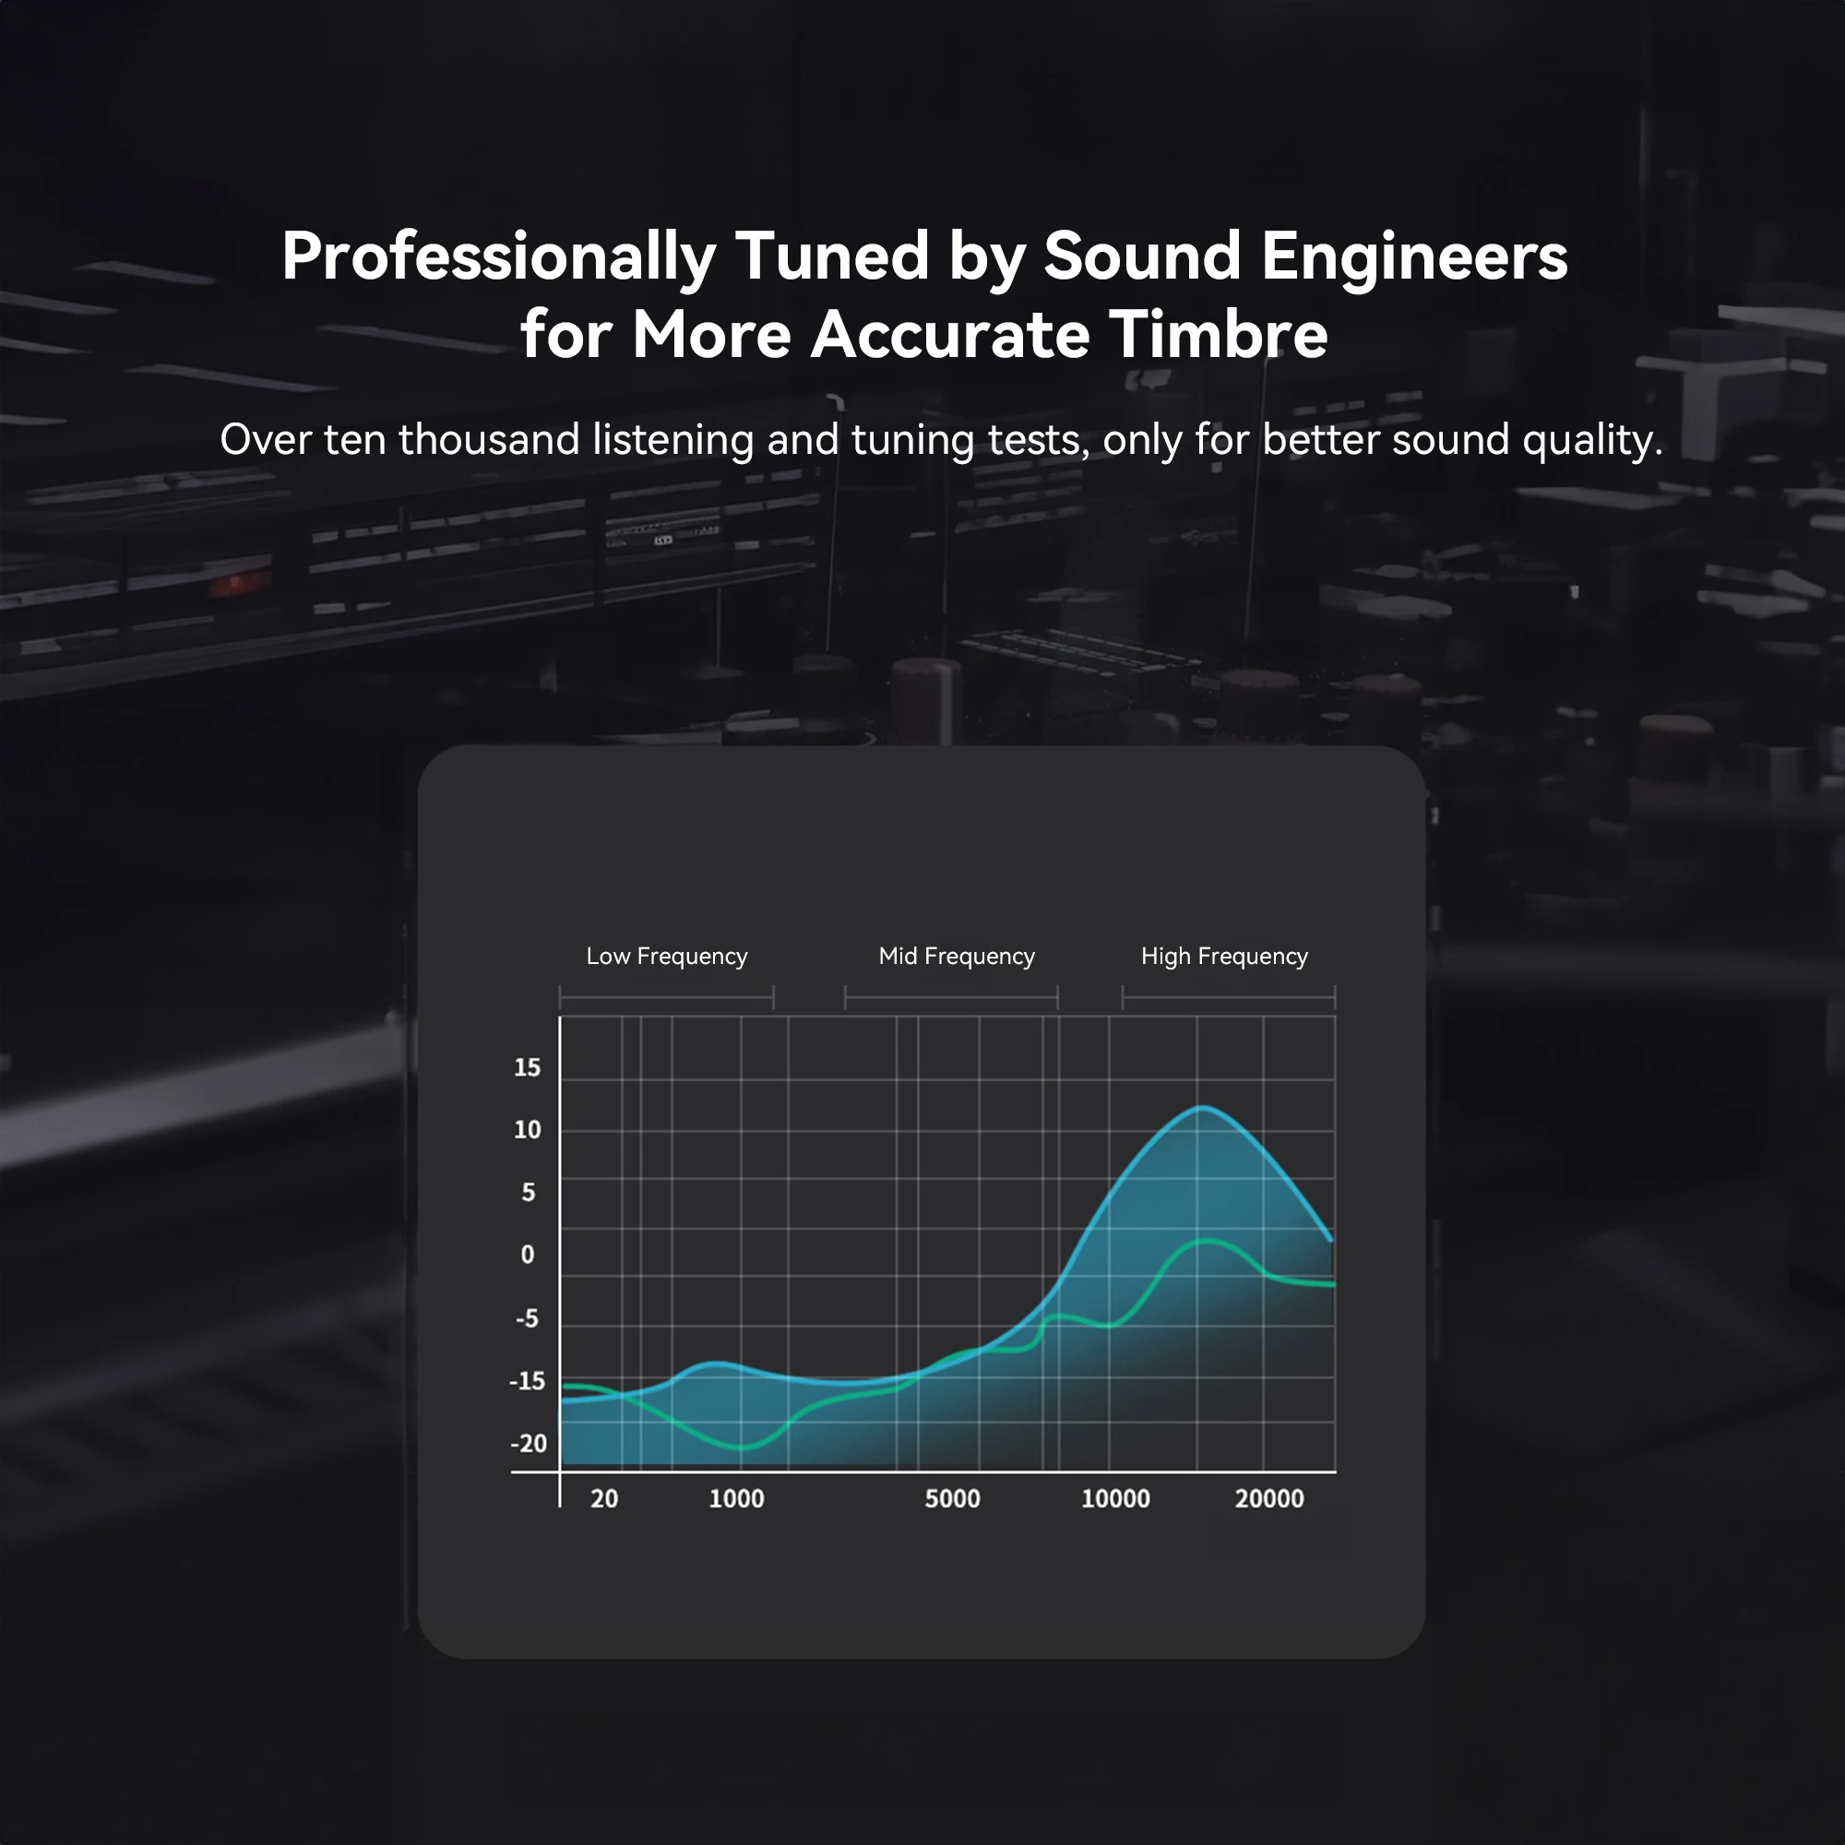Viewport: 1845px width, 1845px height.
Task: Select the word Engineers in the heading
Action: [1414, 258]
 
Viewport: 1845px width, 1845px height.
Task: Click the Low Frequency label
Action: [667, 957]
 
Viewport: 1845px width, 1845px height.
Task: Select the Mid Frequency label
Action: [957, 957]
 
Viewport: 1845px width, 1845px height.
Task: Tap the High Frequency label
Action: [1224, 957]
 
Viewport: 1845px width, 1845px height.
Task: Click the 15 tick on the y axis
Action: [527, 1067]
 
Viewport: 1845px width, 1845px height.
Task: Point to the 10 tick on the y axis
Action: [527, 1130]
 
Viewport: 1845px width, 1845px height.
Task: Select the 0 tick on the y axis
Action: [527, 1255]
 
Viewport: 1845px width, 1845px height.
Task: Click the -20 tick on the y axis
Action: [528, 1443]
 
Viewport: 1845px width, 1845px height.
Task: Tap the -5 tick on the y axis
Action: [527, 1319]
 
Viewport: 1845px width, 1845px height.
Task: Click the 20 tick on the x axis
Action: [604, 1498]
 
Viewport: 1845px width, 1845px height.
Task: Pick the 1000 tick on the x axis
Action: [736, 1498]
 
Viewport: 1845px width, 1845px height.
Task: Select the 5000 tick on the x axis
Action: [953, 1498]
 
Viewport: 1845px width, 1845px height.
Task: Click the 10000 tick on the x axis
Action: [1115, 1498]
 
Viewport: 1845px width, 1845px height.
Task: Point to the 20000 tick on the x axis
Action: [1269, 1498]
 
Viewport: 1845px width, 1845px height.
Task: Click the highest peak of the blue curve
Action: [1202, 1108]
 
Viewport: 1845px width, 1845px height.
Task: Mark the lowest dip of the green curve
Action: [742, 1447]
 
